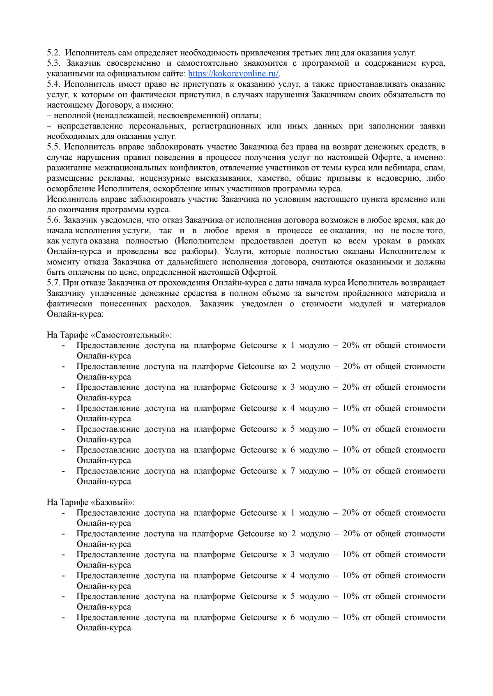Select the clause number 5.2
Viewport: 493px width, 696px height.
point(53,53)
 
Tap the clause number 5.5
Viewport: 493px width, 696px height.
point(53,147)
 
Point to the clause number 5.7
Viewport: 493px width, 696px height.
point(53,283)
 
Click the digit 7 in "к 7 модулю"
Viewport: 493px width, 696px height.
point(293,471)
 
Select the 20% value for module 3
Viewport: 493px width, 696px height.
point(350,387)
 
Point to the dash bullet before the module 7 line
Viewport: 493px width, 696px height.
point(63,471)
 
